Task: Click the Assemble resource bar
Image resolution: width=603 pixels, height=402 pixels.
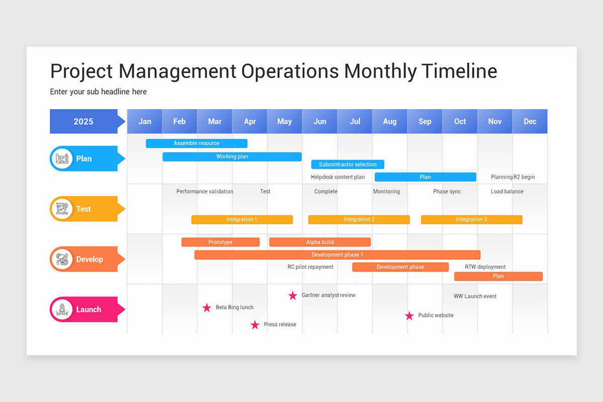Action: coord(196,143)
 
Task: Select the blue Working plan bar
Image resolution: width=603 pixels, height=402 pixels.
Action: coord(232,157)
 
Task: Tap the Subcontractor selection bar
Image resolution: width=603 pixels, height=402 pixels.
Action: coord(348,164)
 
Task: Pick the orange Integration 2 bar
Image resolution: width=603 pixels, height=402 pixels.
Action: coord(359,220)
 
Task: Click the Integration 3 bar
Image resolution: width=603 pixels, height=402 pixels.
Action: coord(471,220)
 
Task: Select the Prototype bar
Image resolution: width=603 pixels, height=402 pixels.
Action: coord(221,242)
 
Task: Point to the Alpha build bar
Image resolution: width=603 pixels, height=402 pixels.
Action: coord(320,242)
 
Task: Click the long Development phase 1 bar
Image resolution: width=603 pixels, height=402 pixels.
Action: coord(337,255)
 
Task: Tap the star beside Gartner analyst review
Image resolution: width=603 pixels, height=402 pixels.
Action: coord(293,295)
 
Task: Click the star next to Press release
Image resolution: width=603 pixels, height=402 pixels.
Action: coord(255,325)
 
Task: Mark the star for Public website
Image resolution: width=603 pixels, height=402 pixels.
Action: coord(410,316)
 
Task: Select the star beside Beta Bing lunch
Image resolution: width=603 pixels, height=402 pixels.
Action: coord(207,308)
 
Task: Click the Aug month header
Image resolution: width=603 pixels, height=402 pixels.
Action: coord(389,122)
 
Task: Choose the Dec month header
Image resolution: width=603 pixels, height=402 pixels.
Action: coord(530,122)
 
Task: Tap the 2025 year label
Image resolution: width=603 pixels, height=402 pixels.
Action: coord(83,122)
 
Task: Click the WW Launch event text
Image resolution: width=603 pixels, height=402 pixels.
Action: coord(475,296)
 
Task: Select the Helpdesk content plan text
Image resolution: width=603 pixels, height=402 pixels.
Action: coord(338,177)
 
